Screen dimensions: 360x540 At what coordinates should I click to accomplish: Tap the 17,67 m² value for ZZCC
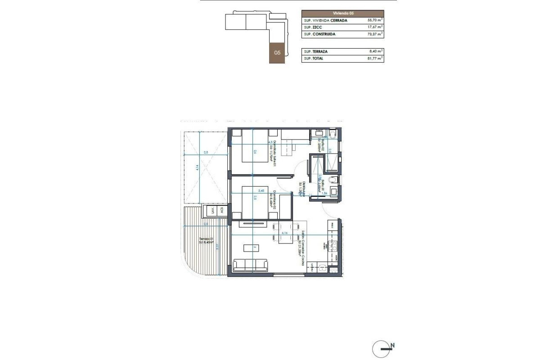pos(374,27)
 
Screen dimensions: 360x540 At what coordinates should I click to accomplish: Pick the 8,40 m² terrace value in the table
pos(375,52)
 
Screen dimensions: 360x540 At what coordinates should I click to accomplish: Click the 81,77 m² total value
pos(374,58)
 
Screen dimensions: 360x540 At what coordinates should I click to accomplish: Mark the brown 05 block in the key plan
pos(278,53)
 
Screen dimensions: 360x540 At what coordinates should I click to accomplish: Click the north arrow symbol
pos(382,348)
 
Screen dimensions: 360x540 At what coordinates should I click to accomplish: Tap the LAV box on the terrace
pos(210,211)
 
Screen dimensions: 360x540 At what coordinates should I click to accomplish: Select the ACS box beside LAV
pos(220,211)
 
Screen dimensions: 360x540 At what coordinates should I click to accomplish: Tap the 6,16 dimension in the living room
pos(284,234)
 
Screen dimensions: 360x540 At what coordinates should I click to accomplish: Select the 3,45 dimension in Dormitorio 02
pos(260,191)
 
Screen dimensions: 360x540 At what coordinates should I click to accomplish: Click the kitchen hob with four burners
pos(334,246)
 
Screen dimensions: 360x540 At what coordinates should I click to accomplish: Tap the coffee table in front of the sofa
pos(250,247)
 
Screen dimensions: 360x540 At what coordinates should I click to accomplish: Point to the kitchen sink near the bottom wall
pos(322,268)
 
